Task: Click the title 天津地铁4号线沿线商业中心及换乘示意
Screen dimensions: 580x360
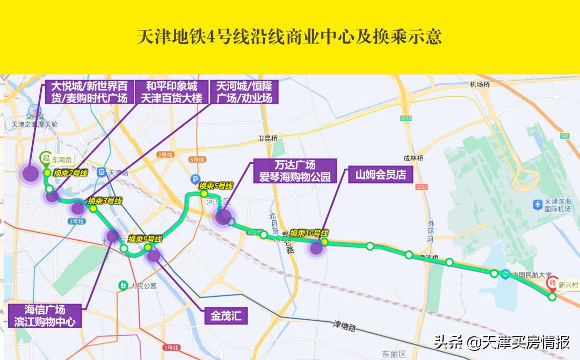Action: coord(289,37)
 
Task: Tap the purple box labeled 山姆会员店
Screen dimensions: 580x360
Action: coord(380,175)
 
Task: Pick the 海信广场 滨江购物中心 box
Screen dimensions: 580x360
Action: coord(45,316)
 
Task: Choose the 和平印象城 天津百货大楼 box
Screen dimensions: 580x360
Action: coord(168,92)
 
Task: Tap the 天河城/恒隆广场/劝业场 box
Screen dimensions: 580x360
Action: coord(244,92)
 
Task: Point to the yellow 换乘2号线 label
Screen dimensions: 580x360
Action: coord(70,173)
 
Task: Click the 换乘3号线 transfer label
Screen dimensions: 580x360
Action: coord(105,201)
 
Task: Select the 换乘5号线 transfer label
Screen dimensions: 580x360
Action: coord(216,186)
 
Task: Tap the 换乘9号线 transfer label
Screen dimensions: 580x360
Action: coord(145,239)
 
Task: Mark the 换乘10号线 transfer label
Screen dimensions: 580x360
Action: coord(309,233)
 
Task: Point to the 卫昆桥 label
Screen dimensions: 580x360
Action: coord(267,139)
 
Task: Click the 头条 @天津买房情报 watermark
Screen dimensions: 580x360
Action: coord(502,342)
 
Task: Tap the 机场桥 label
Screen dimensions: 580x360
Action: coord(480,84)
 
